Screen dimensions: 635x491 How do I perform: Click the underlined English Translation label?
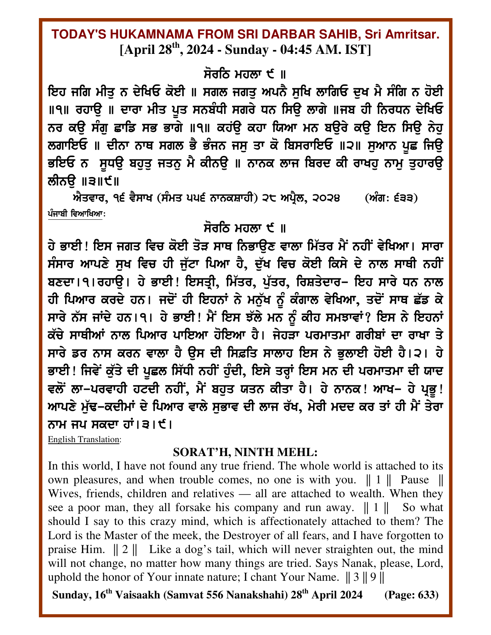pos(84,439)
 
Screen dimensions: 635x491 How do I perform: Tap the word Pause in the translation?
pos(415,480)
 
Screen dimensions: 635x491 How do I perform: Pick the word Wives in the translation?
pos(63,493)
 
